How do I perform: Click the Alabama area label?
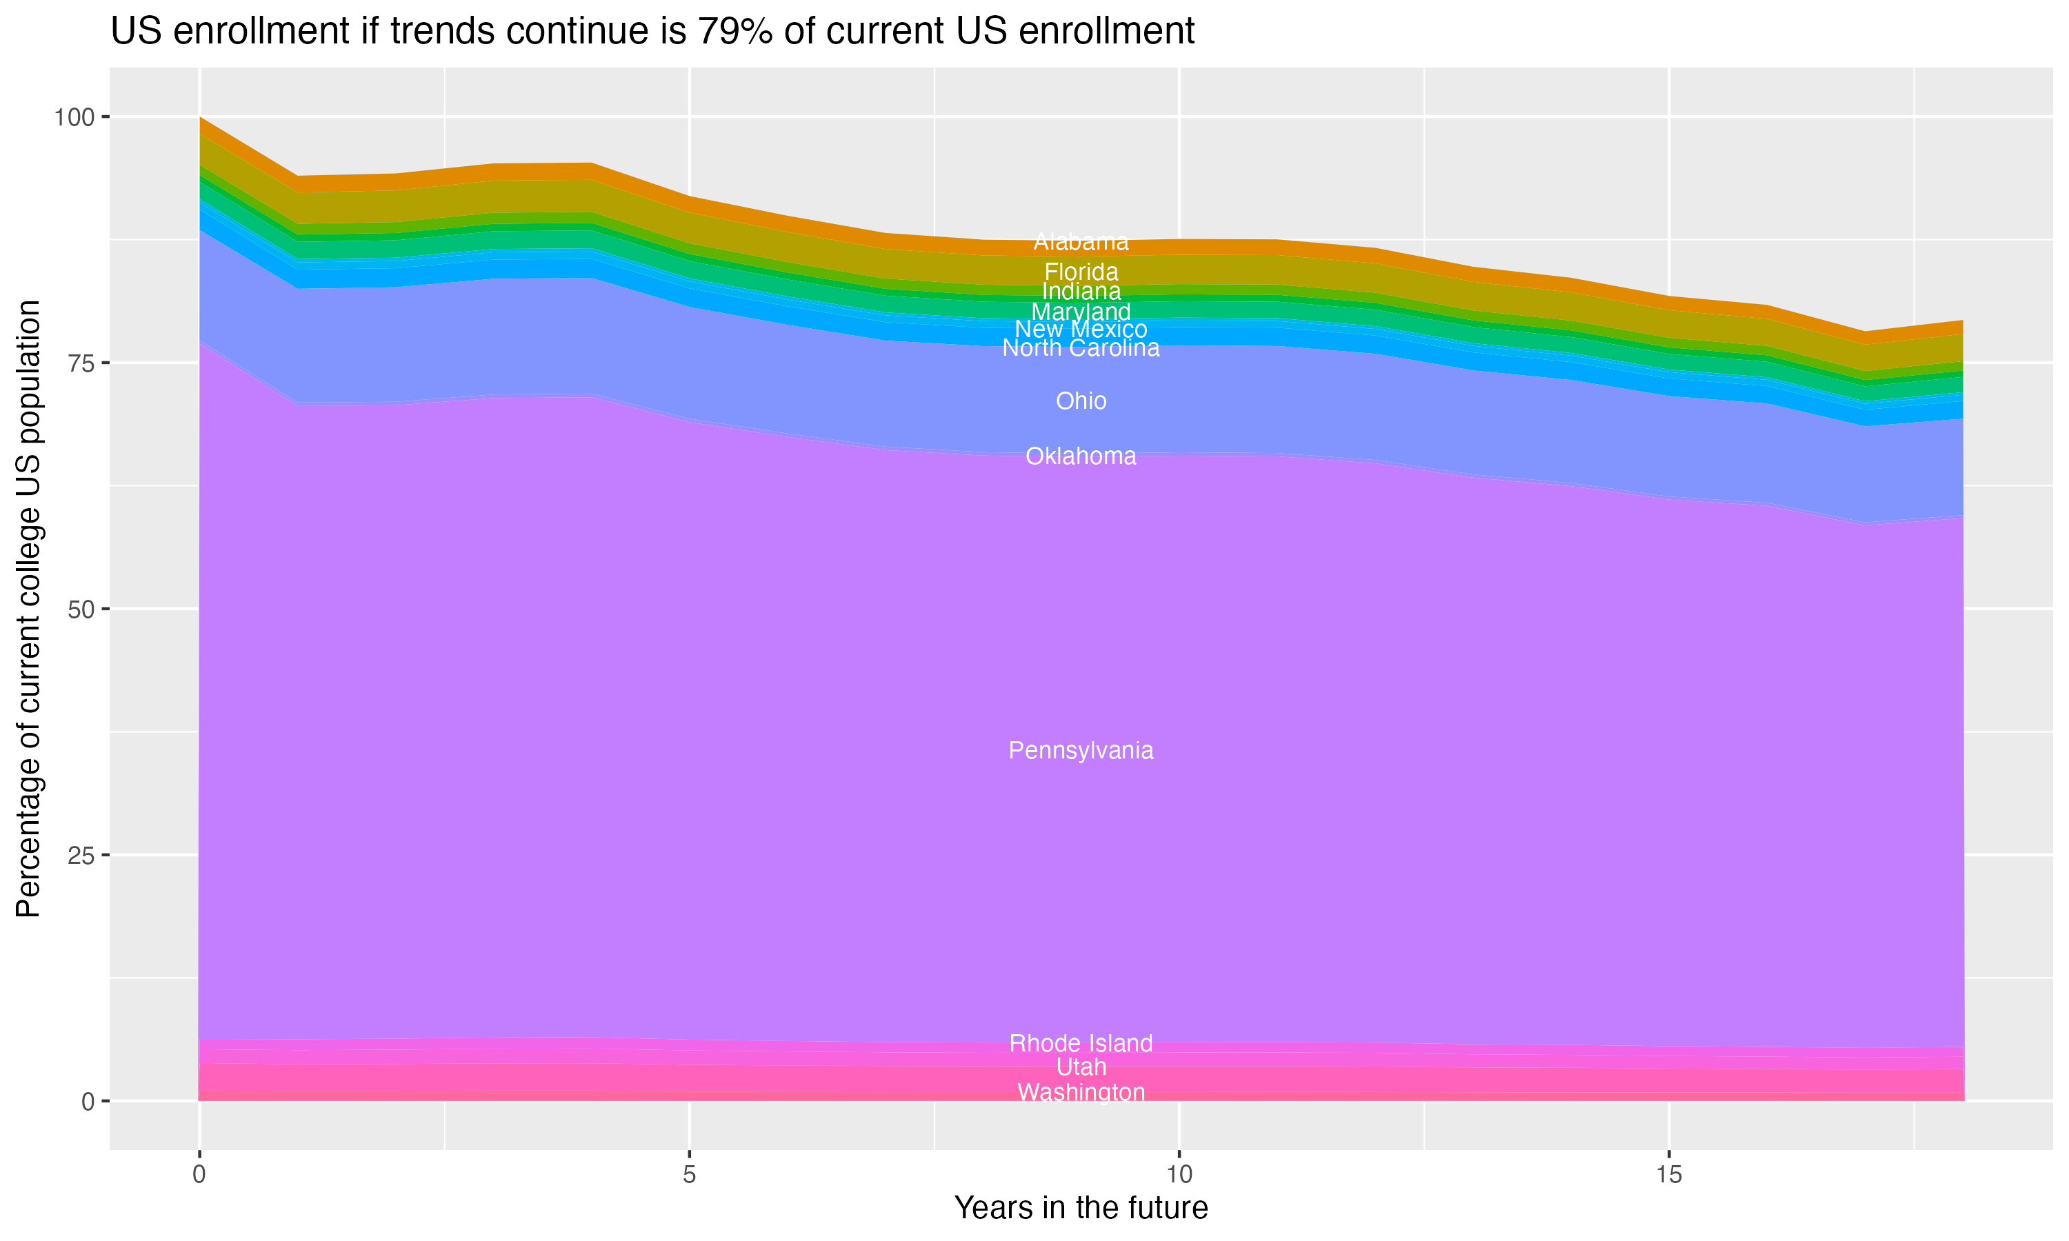(x=1081, y=243)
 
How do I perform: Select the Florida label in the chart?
(x=1081, y=272)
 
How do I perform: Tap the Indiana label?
(x=1081, y=291)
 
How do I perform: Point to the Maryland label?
(x=1081, y=312)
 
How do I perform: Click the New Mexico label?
(x=1081, y=330)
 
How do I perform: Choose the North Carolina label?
(x=1081, y=348)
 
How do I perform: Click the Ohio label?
(x=1081, y=401)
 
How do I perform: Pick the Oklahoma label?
(x=1081, y=456)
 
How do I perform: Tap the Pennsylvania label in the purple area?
(x=1081, y=750)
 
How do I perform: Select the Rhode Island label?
(x=1081, y=1043)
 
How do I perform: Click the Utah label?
(x=1081, y=1067)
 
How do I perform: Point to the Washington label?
(x=1081, y=1092)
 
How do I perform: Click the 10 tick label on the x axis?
(x=1179, y=1175)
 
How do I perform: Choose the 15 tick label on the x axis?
(x=1668, y=1175)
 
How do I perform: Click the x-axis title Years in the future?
(x=1081, y=1207)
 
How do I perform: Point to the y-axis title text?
(x=28, y=609)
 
